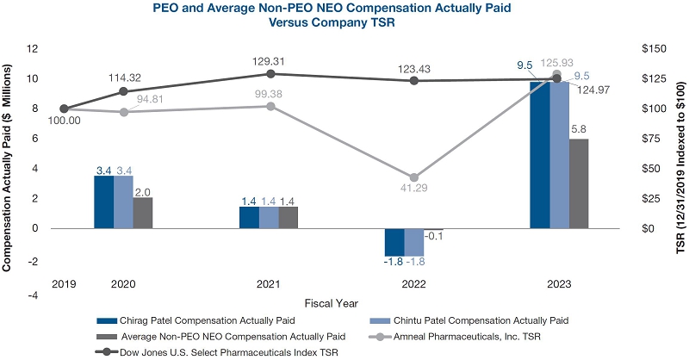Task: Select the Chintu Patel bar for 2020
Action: pos(123,202)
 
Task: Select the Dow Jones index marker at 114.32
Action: pos(123,91)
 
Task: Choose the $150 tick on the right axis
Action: pos(652,49)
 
